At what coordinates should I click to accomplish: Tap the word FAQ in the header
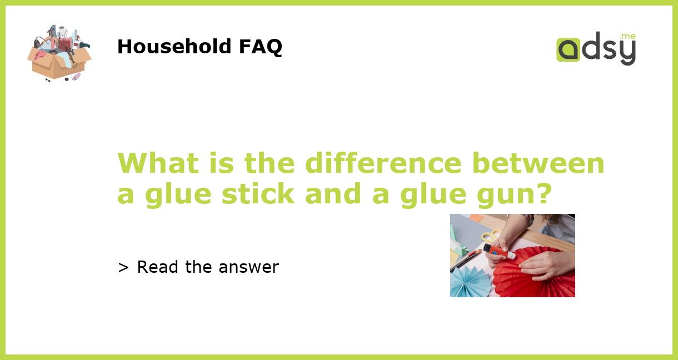[260, 47]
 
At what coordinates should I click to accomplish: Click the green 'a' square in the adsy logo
[568, 49]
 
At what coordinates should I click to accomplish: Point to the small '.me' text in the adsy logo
[627, 37]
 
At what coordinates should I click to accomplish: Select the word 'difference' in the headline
[383, 163]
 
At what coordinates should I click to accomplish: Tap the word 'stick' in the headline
[258, 193]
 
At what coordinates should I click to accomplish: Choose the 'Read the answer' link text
[207, 267]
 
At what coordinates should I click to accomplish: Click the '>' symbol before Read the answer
[123, 268]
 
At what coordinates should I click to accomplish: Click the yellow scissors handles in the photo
[491, 236]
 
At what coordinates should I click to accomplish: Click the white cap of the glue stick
[510, 256]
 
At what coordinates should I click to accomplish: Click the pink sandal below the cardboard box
[76, 77]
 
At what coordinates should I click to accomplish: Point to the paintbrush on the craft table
[466, 259]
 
